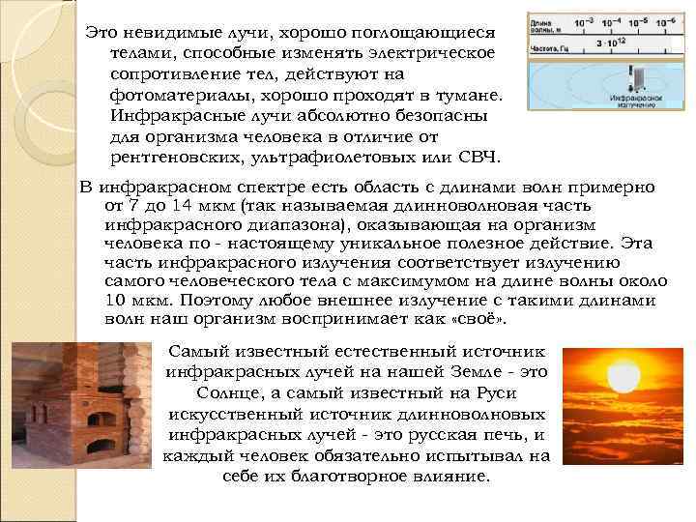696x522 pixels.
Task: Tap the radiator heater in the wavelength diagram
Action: pyautogui.click(x=611, y=78)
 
